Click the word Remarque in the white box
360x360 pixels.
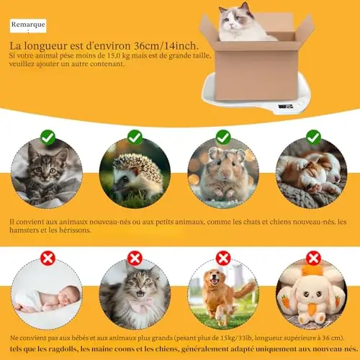point(28,24)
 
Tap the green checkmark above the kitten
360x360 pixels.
point(48,138)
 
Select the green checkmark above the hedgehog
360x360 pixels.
point(135,138)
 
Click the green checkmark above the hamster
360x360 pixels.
point(223,138)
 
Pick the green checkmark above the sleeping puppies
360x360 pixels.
point(313,138)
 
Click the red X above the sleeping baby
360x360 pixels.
point(48,258)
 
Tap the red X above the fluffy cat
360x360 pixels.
point(135,258)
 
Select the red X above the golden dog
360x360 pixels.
point(223,258)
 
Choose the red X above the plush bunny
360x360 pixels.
point(313,258)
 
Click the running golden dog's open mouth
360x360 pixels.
point(214,282)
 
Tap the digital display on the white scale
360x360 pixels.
point(285,106)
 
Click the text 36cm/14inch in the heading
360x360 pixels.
point(166,45)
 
